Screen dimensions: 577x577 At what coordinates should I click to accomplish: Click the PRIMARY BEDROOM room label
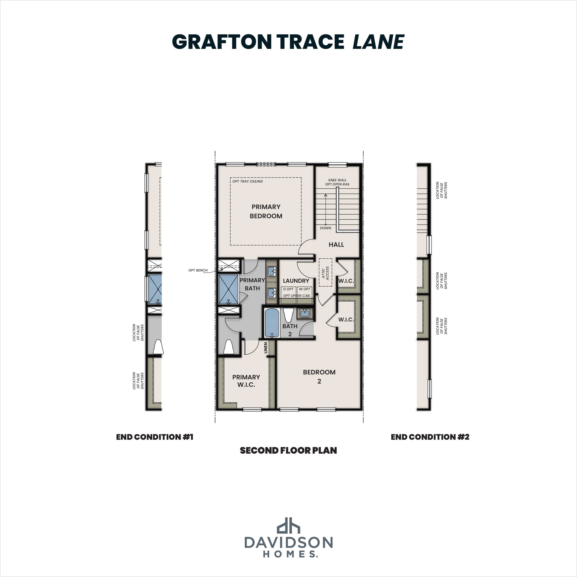pos(266,211)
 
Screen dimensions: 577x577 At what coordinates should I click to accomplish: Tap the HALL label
pos(336,245)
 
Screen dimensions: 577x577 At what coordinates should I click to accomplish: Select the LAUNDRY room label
pos(296,281)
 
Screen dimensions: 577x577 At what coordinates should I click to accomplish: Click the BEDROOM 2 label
pos(319,376)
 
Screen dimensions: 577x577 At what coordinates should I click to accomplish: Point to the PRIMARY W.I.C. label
pos(246,381)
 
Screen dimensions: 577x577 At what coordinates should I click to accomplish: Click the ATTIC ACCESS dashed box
pos(325,272)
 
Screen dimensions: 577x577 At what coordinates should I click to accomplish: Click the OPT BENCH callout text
pos(198,270)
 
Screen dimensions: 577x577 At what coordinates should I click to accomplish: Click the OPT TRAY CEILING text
pos(248,181)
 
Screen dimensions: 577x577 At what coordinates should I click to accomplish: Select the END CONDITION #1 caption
pos(155,437)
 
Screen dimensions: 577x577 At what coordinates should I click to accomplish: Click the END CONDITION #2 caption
pos(430,437)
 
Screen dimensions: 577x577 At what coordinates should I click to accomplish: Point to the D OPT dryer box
pos(288,289)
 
